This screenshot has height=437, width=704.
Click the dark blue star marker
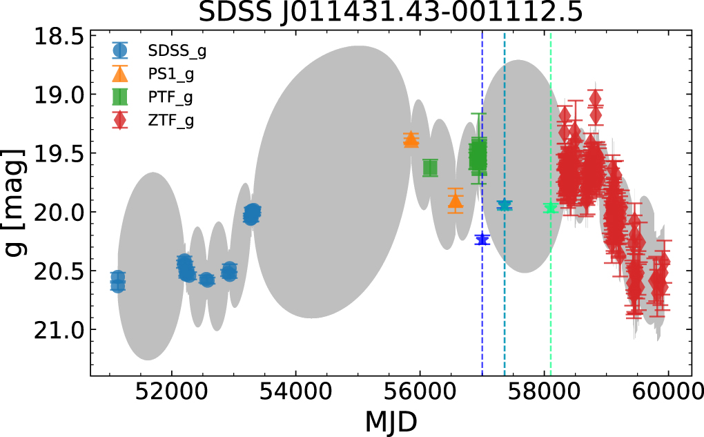click(x=482, y=240)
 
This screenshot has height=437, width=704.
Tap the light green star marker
click(x=550, y=208)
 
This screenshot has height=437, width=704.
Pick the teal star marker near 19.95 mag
click(x=505, y=205)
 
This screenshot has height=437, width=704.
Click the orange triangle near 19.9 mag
click(x=455, y=200)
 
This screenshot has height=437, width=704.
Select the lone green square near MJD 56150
click(x=430, y=168)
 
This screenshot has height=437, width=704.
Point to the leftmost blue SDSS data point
click(x=118, y=281)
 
